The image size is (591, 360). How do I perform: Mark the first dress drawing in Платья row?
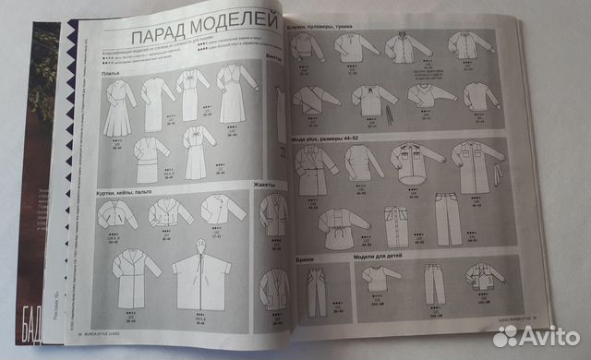click(x=119, y=105)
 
